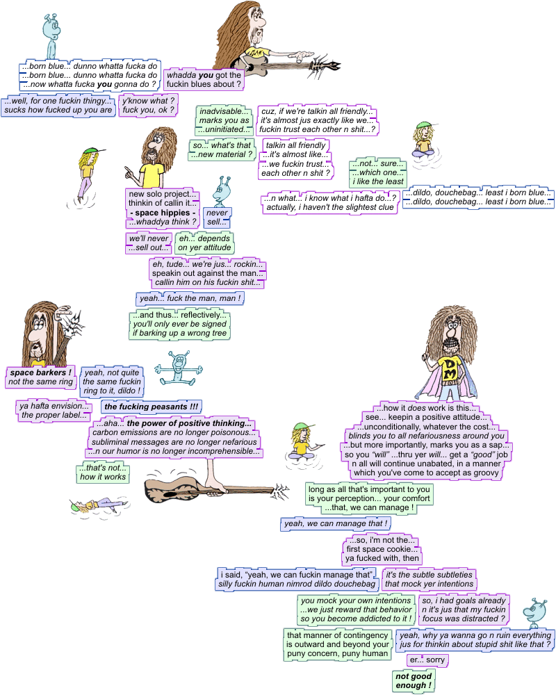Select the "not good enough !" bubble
coord(413,681)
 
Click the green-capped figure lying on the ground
coord(97,503)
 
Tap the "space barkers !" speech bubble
coord(40,377)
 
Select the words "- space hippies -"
coord(162,211)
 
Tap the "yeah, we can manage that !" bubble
coord(335,523)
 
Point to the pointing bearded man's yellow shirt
coord(152,174)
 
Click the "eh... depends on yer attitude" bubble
coord(204,243)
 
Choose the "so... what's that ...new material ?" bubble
coord(222,149)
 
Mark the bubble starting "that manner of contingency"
coord(337,644)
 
